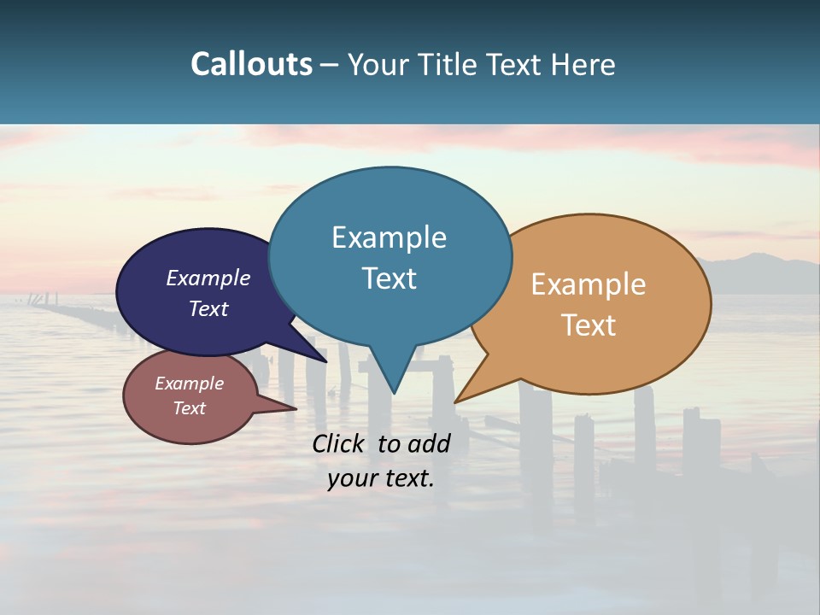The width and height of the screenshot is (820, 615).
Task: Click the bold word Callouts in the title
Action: point(251,64)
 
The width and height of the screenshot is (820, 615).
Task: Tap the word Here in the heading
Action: point(583,64)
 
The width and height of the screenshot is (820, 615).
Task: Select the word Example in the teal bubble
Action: point(389,237)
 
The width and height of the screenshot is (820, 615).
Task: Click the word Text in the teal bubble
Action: point(389,278)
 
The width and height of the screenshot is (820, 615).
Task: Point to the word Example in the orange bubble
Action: point(589,284)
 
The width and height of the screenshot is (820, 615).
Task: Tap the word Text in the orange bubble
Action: point(589,325)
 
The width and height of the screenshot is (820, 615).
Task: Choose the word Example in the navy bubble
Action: point(208,278)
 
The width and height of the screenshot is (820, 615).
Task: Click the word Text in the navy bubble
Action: point(208,308)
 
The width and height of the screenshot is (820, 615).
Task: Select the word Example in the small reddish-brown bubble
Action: point(189,384)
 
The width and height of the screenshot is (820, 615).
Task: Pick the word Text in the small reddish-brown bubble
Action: point(189,408)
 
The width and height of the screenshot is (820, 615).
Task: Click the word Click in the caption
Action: point(339,443)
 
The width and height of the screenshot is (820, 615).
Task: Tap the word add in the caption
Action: point(429,443)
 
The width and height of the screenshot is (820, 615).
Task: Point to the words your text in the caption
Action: point(380,478)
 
